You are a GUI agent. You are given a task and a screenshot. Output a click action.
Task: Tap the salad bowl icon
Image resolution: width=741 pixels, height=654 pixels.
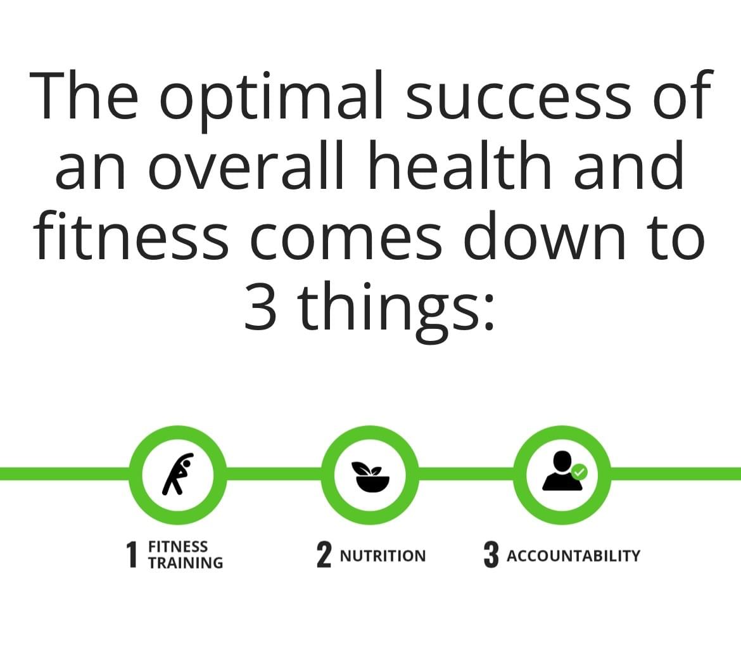[370, 477]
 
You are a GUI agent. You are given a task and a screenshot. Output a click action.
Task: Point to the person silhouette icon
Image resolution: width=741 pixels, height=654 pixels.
[561, 471]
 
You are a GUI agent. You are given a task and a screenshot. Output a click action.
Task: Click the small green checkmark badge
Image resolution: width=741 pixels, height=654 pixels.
[579, 471]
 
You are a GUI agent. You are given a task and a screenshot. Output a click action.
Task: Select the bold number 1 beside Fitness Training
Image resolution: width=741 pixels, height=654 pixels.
[132, 555]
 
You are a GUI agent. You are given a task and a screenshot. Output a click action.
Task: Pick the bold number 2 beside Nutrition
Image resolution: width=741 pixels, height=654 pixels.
[324, 555]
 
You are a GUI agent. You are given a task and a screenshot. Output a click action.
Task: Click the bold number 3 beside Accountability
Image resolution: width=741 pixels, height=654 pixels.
[491, 555]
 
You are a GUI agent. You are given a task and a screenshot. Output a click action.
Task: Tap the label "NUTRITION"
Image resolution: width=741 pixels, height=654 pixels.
[383, 556]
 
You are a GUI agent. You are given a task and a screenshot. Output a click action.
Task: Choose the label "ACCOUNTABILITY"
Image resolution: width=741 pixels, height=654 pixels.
[573, 556]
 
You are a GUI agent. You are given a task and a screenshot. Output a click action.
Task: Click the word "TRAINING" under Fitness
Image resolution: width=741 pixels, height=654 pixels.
[185, 563]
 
